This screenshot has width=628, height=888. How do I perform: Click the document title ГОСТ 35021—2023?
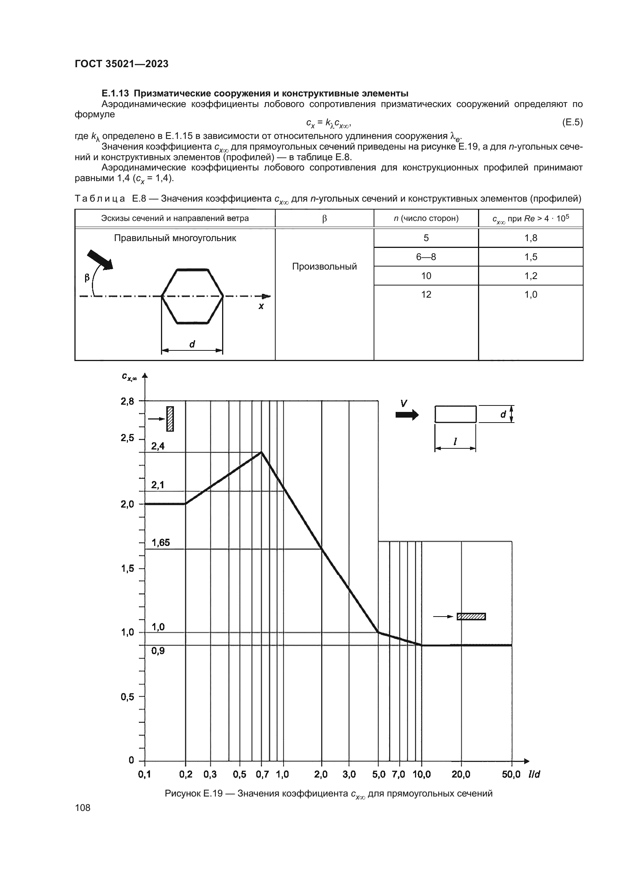[x=121, y=64]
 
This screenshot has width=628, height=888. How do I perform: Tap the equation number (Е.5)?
[x=572, y=123]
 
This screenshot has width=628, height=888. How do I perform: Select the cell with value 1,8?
[x=530, y=238]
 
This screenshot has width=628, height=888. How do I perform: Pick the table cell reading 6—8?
[x=426, y=257]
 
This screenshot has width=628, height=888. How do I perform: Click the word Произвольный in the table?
[x=324, y=267]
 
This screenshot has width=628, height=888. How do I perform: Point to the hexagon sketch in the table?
[x=192, y=296]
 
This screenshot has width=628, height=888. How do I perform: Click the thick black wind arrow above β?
[x=100, y=260]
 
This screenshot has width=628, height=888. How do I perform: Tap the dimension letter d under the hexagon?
[x=192, y=344]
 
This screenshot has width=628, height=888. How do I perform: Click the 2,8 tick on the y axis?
[x=127, y=401]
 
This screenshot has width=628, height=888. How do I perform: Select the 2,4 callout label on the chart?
[x=158, y=446]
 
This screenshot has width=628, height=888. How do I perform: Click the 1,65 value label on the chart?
[x=161, y=543]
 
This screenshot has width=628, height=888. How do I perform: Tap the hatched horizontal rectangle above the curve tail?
[x=471, y=617]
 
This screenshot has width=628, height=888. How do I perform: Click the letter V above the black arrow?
[x=403, y=404]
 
